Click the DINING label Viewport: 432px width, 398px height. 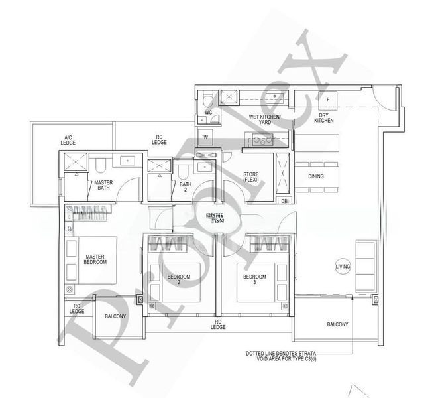coord(315,176)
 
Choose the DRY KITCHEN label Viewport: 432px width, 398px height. coord(324,117)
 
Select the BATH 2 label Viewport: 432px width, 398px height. coord(185,187)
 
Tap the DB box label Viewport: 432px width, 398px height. coord(284,201)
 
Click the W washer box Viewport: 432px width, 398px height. coord(206,138)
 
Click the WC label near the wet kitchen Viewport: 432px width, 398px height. coord(207,113)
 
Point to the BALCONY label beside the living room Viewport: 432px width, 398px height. coord(337,324)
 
